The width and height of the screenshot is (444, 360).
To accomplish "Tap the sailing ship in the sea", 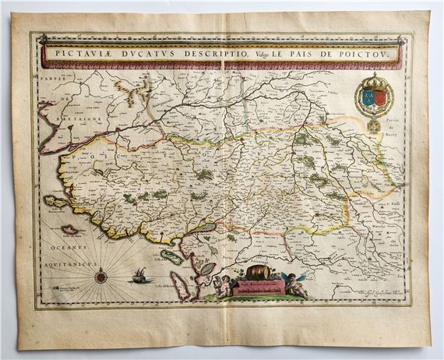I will [x=138, y=274].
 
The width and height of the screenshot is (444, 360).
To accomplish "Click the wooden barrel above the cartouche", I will [x=256, y=274].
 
